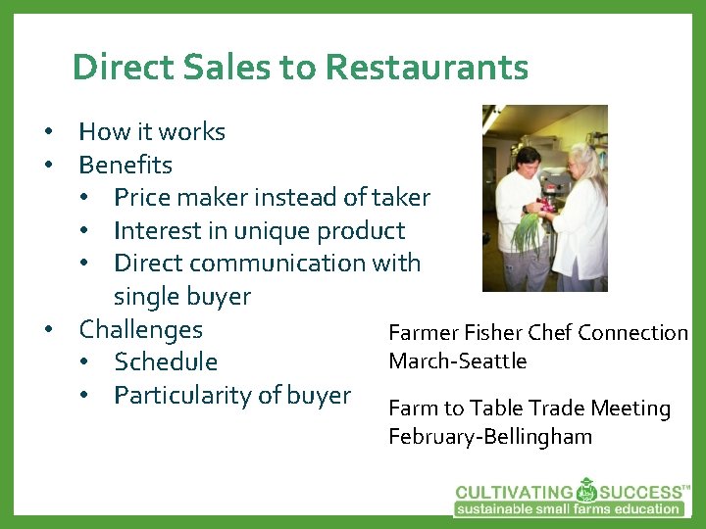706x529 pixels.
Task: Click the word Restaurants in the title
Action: coord(427,68)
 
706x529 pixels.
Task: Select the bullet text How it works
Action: coord(152,131)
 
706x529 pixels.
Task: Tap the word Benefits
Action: coord(126,165)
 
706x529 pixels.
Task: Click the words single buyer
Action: coord(182,296)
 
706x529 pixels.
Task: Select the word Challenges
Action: coord(140,329)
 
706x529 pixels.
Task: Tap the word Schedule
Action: coord(166,362)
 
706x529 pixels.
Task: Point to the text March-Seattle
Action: coord(458,361)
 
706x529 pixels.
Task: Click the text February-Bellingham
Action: coord(490,437)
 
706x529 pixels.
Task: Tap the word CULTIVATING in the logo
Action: coord(514,492)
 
